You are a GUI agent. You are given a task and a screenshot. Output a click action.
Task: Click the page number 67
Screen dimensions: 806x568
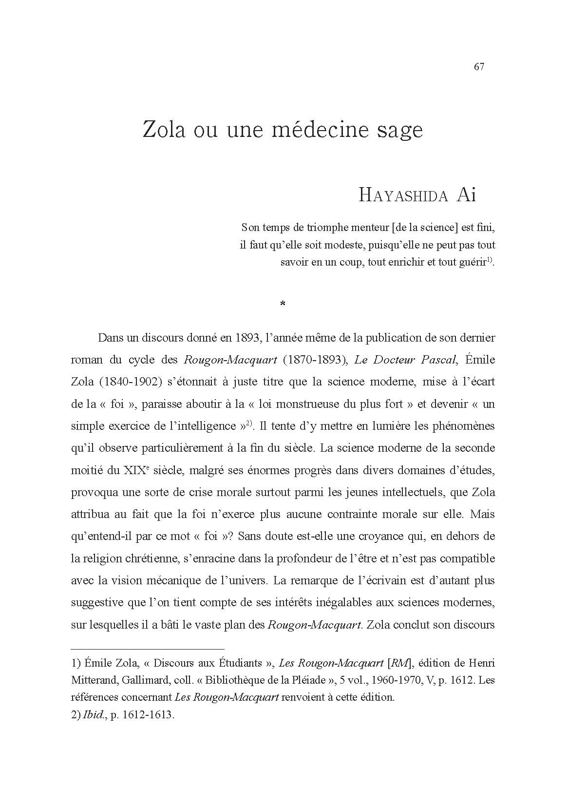pos(478,67)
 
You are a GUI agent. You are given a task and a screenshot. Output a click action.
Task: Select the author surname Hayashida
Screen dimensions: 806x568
pos(403,195)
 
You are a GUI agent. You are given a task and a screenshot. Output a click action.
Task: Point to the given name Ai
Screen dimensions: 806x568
pos(466,195)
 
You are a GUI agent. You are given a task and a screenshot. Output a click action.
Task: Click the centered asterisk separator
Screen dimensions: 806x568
pos(283,305)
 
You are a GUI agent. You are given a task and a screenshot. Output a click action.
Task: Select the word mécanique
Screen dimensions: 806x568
pos(192,580)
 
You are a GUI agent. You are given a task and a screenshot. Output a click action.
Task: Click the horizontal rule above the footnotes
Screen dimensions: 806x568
pos(148,649)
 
